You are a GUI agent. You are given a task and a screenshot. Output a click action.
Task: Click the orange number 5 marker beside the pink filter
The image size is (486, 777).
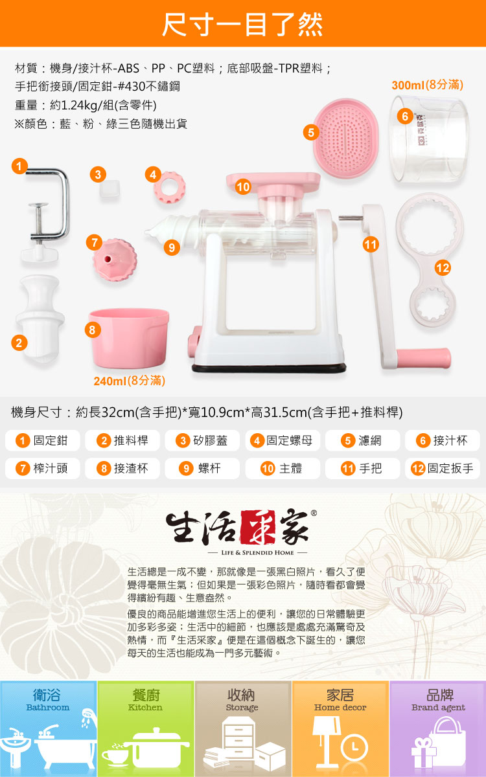coord(311,132)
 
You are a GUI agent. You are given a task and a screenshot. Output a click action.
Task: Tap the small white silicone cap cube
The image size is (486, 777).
coord(110,189)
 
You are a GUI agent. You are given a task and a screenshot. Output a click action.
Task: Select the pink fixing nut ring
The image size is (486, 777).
coord(170,188)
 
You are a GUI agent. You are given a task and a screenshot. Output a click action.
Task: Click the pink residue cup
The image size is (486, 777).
coord(129,338)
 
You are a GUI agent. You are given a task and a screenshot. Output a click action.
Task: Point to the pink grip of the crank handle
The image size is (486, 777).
coord(424,358)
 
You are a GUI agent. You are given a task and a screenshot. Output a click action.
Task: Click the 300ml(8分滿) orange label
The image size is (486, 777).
coord(427,85)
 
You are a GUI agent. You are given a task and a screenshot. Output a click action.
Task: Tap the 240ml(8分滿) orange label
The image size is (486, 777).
coord(129,381)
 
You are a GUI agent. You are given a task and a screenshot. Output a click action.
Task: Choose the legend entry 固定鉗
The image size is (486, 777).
coord(42,440)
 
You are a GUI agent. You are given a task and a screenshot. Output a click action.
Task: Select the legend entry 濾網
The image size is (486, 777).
coord(362,440)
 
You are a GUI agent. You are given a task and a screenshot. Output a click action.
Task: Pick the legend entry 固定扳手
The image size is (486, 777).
coord(443,468)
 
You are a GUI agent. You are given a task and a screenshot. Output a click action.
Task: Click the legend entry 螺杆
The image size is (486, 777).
coord(202,468)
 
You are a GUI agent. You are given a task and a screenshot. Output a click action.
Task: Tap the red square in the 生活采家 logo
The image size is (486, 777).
coord(258,527)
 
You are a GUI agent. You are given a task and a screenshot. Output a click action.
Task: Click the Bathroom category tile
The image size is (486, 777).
coord(49,728)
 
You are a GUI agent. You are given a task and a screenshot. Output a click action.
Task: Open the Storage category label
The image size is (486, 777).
coord(242,700)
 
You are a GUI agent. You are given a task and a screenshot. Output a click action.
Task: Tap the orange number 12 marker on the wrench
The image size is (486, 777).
coord(443,268)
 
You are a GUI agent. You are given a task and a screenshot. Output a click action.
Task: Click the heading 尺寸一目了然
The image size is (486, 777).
coord(242,25)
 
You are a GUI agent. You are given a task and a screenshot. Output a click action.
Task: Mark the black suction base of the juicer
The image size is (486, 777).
coord(269,368)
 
